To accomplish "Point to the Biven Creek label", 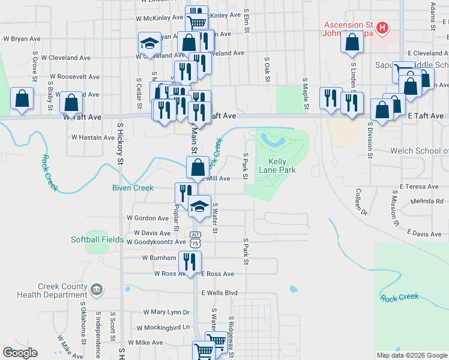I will click(x=133, y=188).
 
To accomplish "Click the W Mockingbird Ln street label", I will click(x=163, y=328).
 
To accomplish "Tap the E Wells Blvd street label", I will click(x=220, y=293).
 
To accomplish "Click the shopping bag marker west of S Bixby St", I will click(x=22, y=100).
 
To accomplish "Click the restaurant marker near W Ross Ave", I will click(x=190, y=262).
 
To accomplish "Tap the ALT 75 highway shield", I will click(x=195, y=239).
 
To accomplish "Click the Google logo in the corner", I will click(x=20, y=353).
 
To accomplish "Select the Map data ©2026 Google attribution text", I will click(x=411, y=355).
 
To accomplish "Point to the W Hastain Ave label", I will click(x=92, y=137).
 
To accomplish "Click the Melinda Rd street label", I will click(x=427, y=202).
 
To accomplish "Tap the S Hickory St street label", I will click(x=120, y=144).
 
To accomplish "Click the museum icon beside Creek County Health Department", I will click(x=95, y=290).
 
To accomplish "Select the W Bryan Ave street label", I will click(x=22, y=38).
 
